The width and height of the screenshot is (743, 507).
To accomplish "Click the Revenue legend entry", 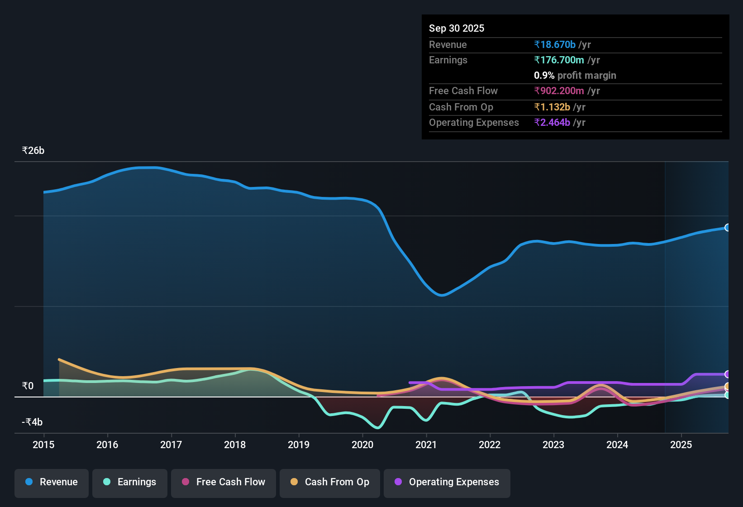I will [x=52, y=482].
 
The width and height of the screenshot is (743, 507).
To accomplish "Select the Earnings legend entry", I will [x=130, y=482].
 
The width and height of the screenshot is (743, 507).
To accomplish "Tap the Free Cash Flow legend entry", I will [x=224, y=482].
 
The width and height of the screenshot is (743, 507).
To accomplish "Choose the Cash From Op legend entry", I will [x=330, y=482].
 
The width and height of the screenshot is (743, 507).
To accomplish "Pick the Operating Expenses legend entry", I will [x=447, y=482].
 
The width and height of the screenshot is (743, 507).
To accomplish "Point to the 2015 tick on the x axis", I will [x=43, y=445].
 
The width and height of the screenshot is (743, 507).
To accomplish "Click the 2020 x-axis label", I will [x=362, y=445].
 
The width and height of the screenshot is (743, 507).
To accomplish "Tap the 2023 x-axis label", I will [x=553, y=445].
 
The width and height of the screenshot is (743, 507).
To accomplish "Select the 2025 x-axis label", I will [x=681, y=445].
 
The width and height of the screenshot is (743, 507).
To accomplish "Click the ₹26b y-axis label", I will [x=33, y=151].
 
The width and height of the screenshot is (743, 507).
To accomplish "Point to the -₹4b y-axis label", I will [x=32, y=422].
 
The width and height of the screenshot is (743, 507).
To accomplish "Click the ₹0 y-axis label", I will [x=28, y=386].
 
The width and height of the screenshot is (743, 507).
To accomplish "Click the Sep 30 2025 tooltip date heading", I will [x=456, y=28].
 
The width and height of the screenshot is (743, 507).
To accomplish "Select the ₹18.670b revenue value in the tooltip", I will [x=555, y=44].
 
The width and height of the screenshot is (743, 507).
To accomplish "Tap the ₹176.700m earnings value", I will [x=559, y=60].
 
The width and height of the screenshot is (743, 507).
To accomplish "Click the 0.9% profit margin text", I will [x=575, y=75].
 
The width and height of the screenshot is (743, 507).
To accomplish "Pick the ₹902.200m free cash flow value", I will [x=559, y=91].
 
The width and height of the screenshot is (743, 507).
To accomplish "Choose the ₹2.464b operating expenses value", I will [x=552, y=122].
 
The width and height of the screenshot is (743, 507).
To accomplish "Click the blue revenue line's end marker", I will [x=727, y=228].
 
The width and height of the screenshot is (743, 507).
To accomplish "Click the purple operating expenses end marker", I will [x=727, y=374].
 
